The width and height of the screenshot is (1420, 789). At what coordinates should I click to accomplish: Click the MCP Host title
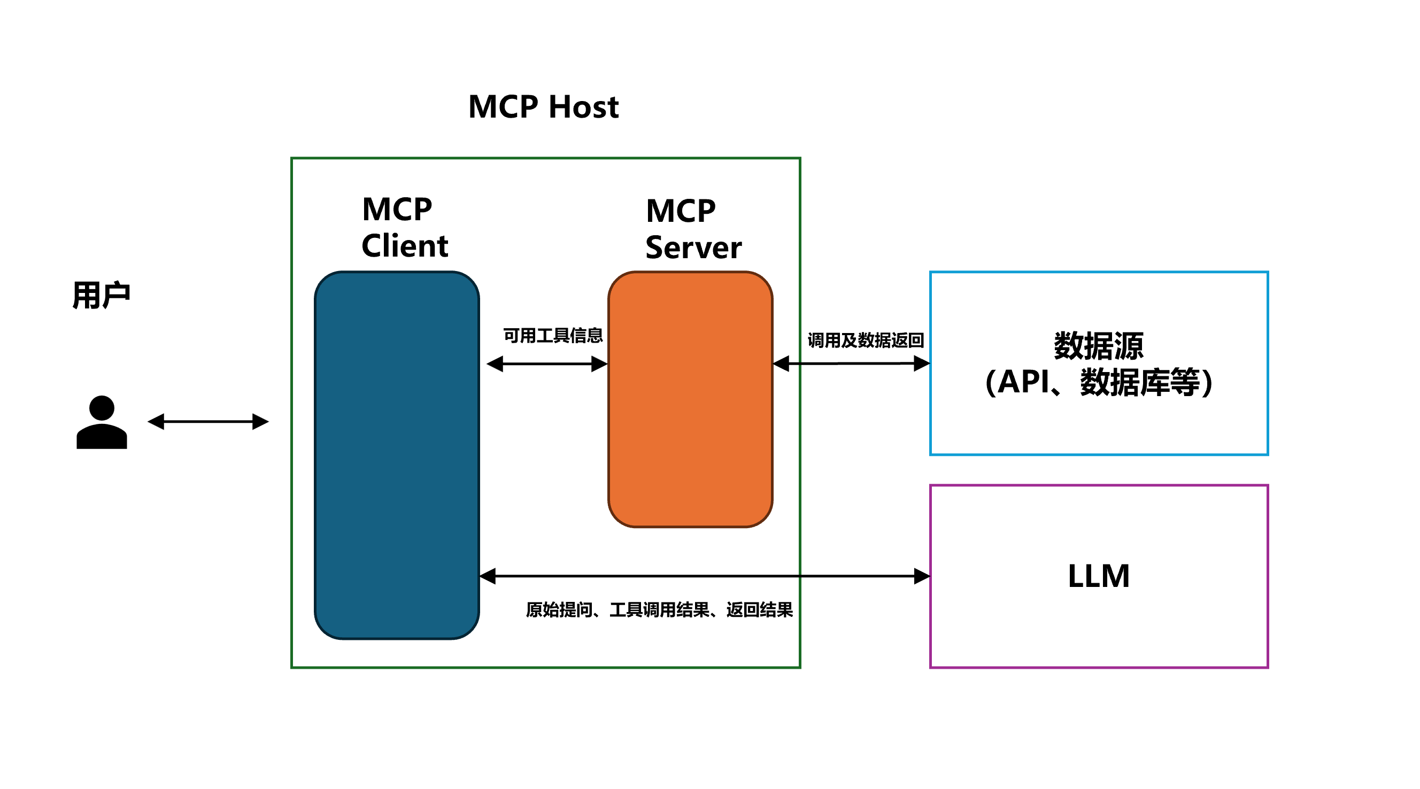[543, 106]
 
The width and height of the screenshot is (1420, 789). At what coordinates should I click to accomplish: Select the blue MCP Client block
[396, 455]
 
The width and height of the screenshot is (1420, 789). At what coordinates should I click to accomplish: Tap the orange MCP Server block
[690, 399]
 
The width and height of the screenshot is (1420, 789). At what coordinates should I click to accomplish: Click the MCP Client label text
[404, 227]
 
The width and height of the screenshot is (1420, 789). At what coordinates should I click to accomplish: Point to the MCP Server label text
[693, 229]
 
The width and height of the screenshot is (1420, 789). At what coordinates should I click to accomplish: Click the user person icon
[102, 423]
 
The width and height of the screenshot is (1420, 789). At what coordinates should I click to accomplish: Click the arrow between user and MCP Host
[208, 422]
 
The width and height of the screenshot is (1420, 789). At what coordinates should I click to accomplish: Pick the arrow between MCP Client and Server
[547, 363]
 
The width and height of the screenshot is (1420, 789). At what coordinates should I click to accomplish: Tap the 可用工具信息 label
[553, 335]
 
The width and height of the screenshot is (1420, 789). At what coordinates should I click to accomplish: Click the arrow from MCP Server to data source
[851, 363]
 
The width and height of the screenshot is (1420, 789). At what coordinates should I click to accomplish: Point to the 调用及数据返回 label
[866, 340]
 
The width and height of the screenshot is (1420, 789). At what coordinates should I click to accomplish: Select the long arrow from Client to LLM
[704, 576]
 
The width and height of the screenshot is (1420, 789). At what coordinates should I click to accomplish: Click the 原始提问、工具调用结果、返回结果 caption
[659, 609]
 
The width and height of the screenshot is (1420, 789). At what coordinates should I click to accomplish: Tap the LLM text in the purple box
[1098, 576]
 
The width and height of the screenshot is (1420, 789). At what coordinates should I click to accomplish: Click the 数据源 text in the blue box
[1098, 346]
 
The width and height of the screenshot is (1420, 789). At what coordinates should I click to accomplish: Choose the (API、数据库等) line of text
[1098, 382]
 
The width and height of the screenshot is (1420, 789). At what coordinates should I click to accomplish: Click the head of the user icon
[102, 408]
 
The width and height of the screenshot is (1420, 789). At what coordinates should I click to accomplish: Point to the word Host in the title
[584, 106]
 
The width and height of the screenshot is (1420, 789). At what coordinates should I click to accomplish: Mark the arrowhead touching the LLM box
[922, 576]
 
